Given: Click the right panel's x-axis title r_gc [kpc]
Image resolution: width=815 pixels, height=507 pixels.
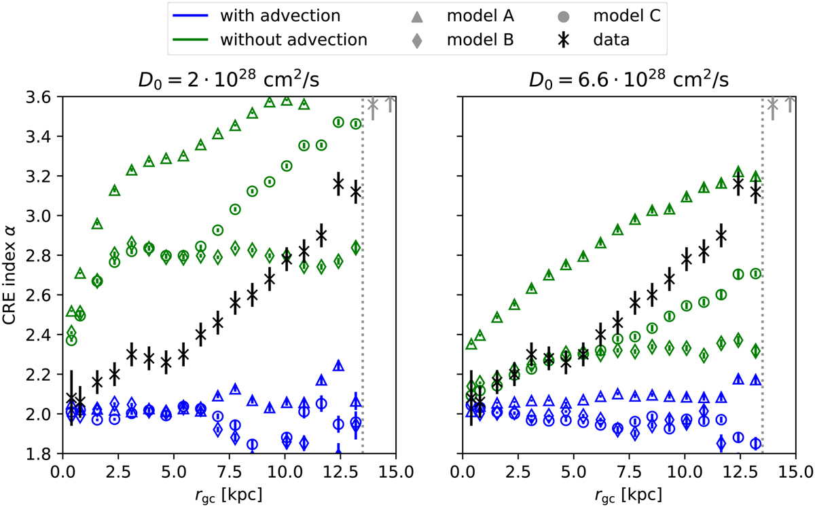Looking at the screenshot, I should [x=628, y=493].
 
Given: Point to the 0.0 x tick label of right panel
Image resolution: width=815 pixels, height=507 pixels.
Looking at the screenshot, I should [x=463, y=470].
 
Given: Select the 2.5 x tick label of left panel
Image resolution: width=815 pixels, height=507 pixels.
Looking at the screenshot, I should [x=118, y=470].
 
